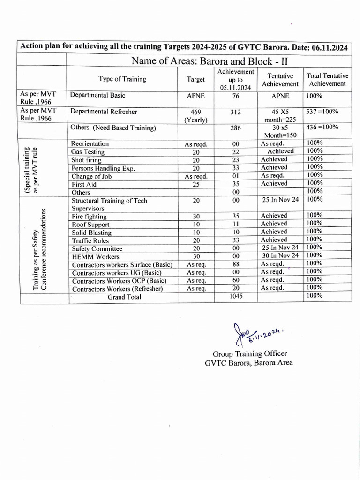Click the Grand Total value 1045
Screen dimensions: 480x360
(x=236, y=297)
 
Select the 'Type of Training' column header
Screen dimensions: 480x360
(x=122, y=79)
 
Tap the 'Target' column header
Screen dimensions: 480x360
(x=195, y=79)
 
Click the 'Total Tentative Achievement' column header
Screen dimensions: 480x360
(x=327, y=80)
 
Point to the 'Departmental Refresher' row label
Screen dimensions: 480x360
(x=104, y=112)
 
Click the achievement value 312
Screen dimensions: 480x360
(x=236, y=112)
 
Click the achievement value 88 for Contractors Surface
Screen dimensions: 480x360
(x=236, y=264)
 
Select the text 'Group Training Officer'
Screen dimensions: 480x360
(x=250, y=354)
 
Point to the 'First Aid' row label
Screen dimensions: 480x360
(x=84, y=184)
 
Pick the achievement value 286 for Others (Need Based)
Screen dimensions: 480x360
(x=236, y=127)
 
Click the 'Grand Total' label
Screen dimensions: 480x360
(x=124, y=297)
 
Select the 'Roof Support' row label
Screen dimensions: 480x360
(x=90, y=225)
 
